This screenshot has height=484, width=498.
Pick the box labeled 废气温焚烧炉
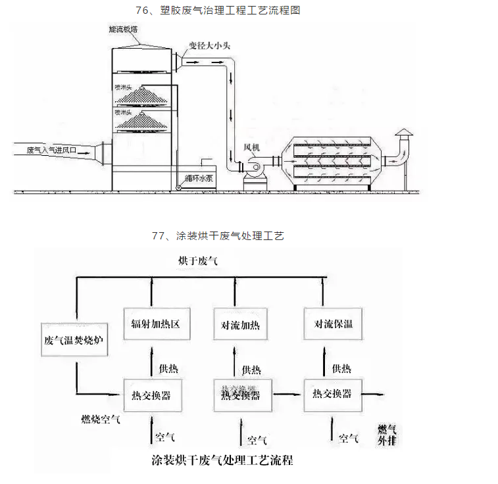pyautogui.click(x=74, y=340)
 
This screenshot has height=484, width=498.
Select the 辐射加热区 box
pyautogui.click(x=152, y=324)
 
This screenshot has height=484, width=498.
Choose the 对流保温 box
pyautogui.click(x=332, y=324)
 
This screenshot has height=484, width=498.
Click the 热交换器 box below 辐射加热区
pyautogui.click(x=152, y=395)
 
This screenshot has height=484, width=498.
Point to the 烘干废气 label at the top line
pyautogui.click(x=197, y=262)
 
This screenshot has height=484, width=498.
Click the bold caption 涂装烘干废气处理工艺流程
pyautogui.click(x=222, y=460)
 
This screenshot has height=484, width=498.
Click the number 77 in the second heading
pyautogui.click(x=158, y=235)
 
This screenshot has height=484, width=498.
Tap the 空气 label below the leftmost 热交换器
pyautogui.click(x=164, y=435)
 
